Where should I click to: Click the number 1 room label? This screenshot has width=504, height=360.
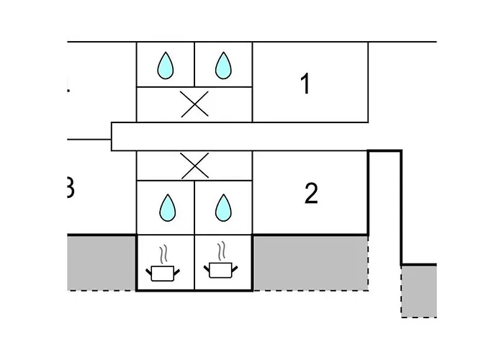305,84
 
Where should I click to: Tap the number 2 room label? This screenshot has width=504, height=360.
311,194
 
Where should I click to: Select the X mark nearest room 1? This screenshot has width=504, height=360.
194,105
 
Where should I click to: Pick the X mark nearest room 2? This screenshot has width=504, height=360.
194,166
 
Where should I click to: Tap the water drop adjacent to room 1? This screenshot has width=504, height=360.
224,66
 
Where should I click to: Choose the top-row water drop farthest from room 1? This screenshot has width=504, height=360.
166,66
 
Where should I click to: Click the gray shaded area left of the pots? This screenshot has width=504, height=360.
102,263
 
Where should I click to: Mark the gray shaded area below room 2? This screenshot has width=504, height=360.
310,263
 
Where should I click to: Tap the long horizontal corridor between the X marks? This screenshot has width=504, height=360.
238,136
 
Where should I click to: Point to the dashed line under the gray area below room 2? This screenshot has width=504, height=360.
310,290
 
